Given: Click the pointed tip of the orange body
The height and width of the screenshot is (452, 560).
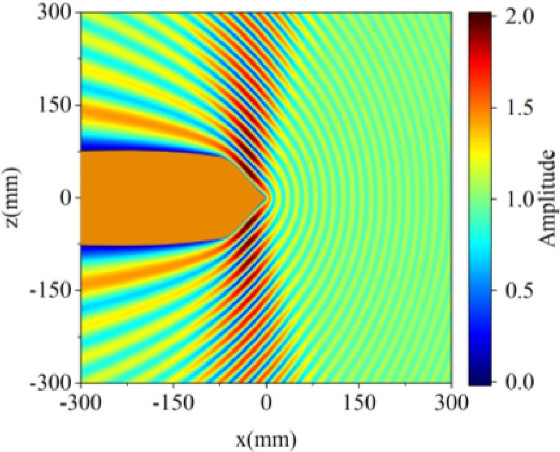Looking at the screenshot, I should tap(267, 197).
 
